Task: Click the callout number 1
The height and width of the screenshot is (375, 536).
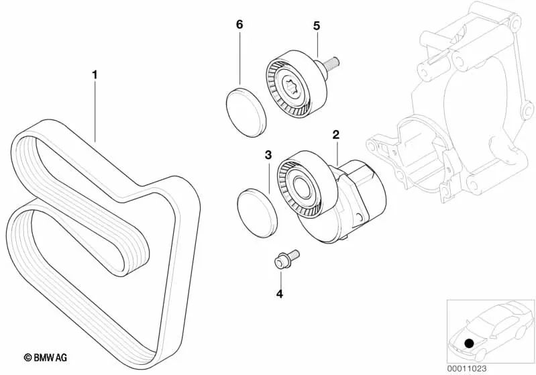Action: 95,75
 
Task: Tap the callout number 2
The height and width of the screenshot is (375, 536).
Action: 335,135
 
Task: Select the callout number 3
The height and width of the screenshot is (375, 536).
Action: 268,155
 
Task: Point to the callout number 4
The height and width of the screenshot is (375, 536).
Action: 280,293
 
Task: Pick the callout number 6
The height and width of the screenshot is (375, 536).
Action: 239,25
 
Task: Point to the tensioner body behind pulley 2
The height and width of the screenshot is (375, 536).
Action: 362,195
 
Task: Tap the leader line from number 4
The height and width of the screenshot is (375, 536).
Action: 280,278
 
